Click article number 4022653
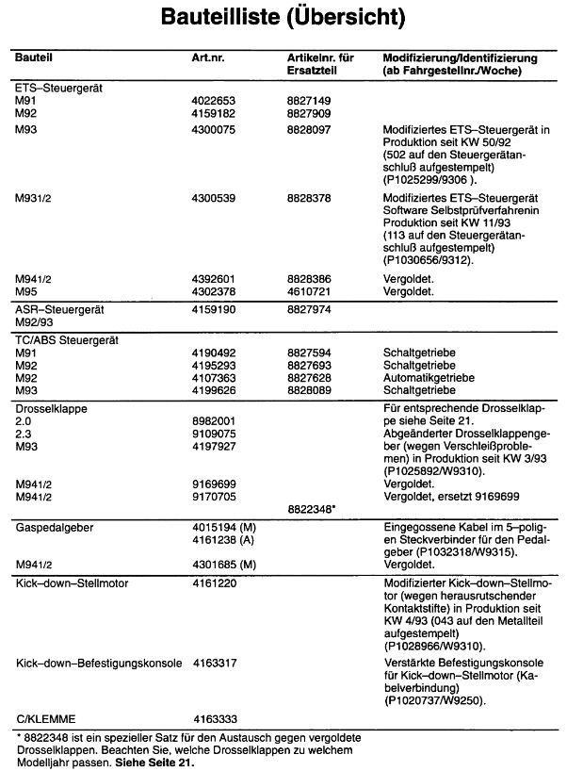(x=213, y=100)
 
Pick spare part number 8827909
(x=309, y=113)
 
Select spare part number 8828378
(x=309, y=199)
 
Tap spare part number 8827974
(x=309, y=308)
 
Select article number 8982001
(x=213, y=419)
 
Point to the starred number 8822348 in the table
(x=312, y=508)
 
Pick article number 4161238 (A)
(x=224, y=540)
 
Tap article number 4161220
(x=213, y=583)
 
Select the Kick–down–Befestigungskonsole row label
(x=99, y=664)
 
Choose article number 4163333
(x=213, y=717)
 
